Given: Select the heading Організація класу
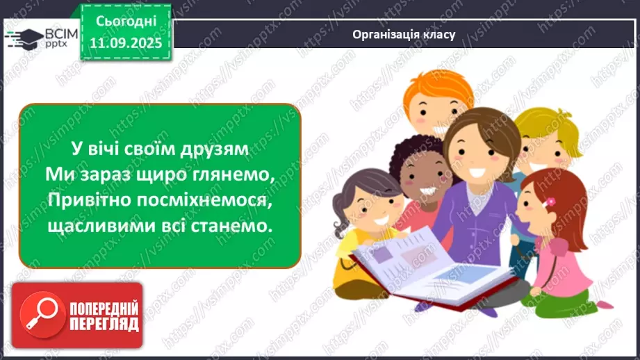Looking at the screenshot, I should pos(404,34).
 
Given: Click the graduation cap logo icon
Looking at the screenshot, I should pos(23,36).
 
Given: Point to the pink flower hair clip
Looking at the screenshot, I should pos(550,202).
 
